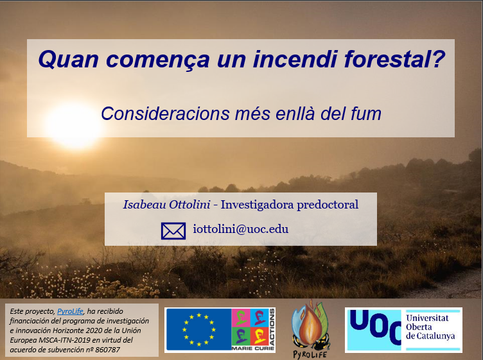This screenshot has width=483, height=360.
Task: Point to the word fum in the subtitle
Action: pyautogui.click(x=365, y=114)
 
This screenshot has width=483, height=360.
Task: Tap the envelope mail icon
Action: pyautogui.click(x=173, y=230)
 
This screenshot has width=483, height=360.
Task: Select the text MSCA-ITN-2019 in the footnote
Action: pyautogui.click(x=58, y=340)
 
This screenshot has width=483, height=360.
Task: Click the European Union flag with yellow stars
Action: pyautogui.click(x=198, y=330)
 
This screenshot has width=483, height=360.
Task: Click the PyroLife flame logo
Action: pyautogui.click(x=310, y=327)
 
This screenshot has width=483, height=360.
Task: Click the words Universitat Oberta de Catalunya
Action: pyautogui.click(x=430, y=327)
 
